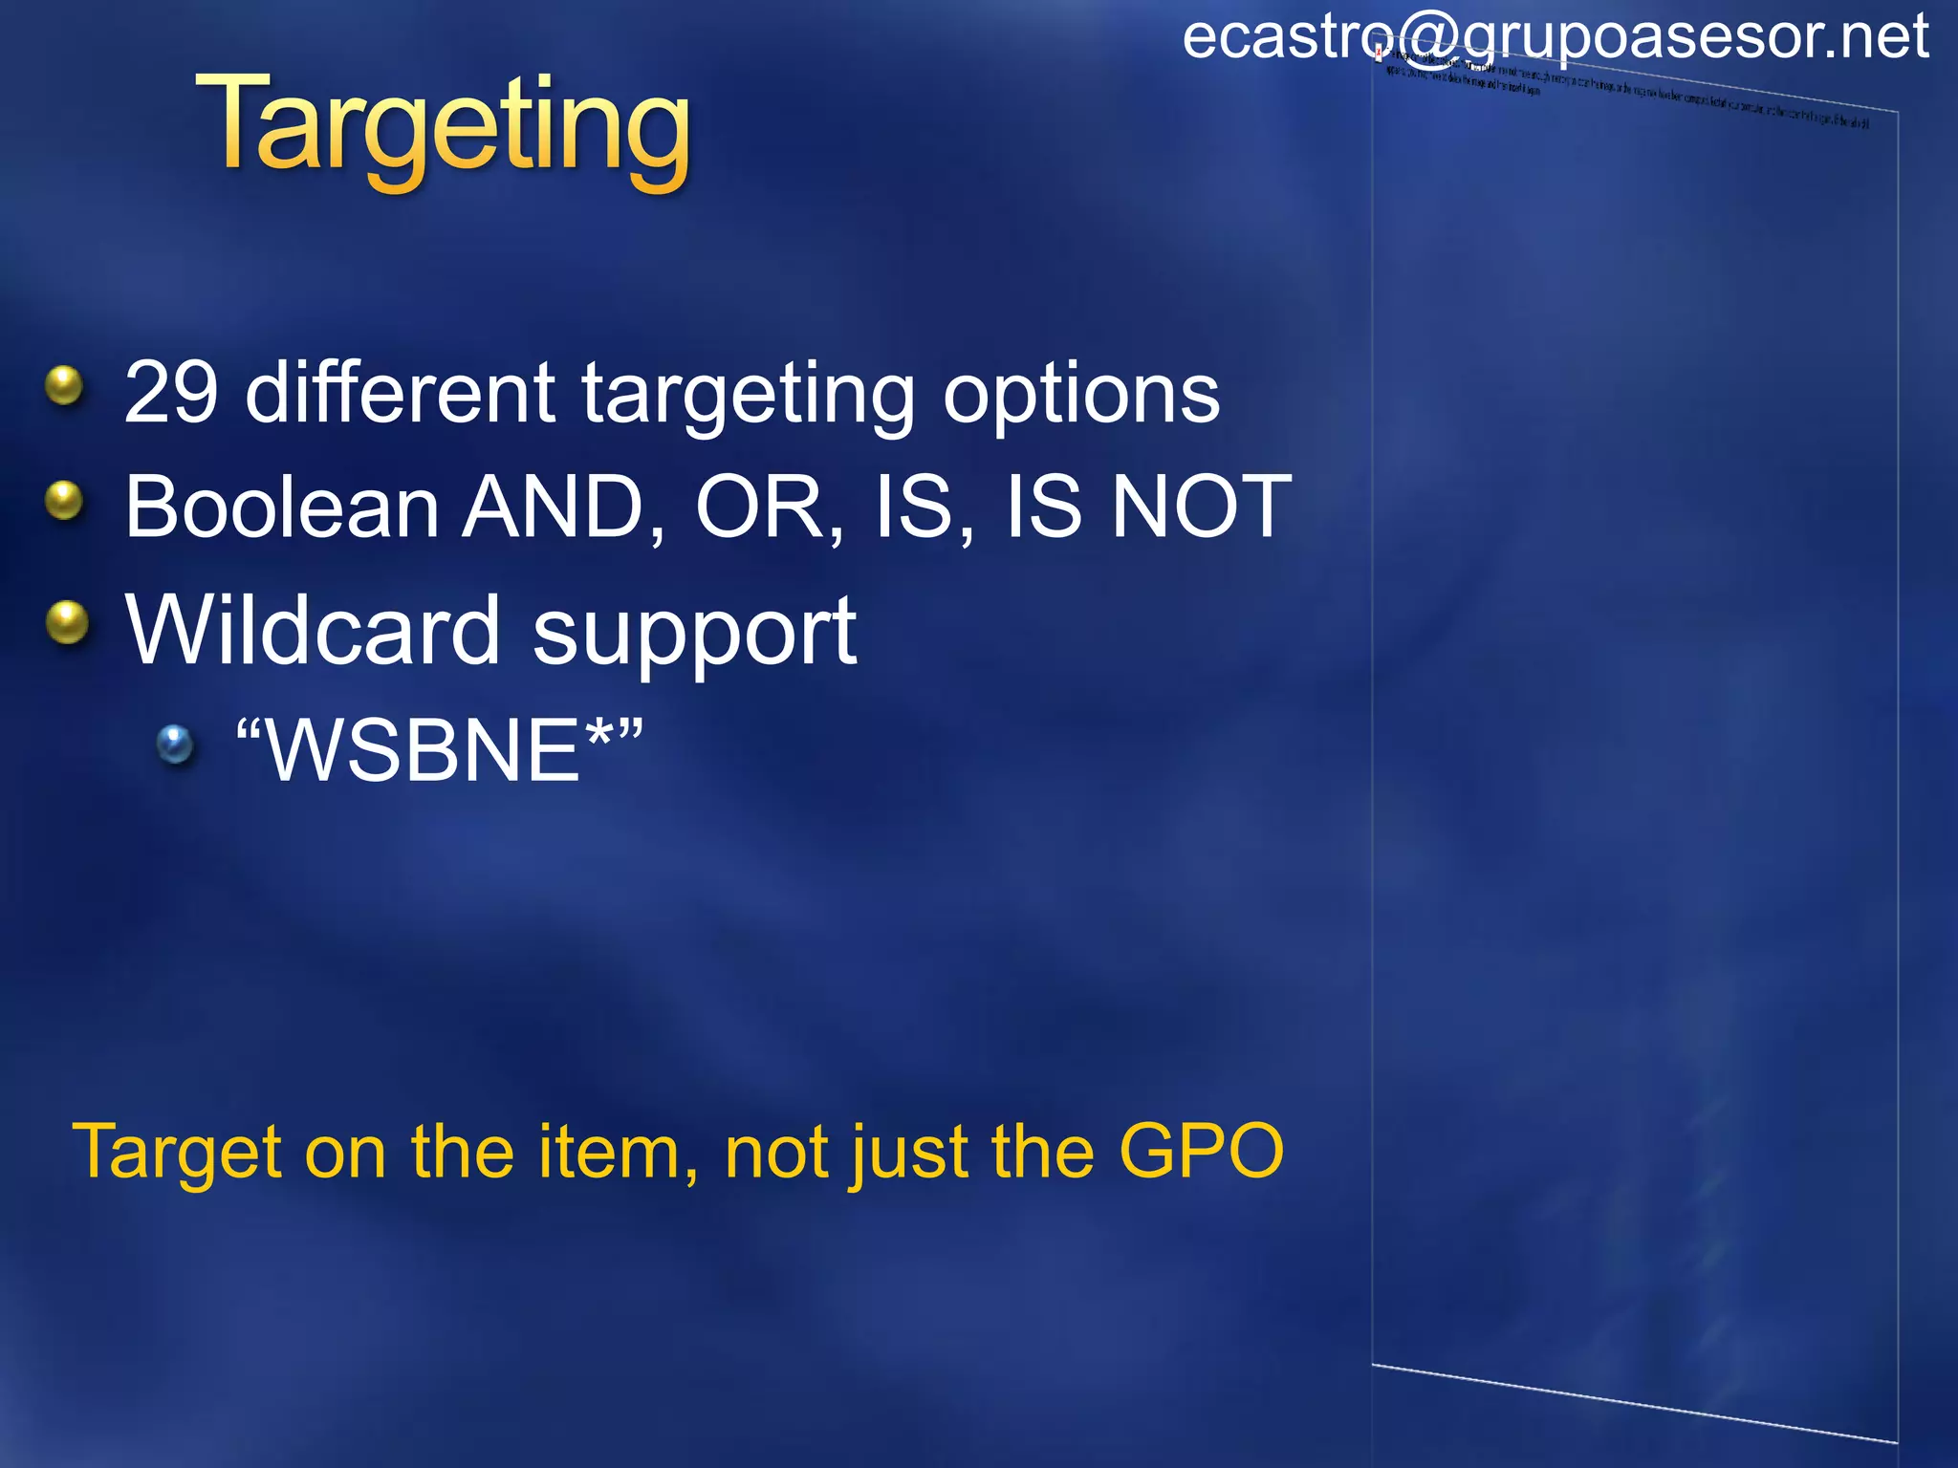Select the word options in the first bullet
point(1081,394)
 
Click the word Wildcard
point(313,631)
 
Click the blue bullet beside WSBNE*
point(175,745)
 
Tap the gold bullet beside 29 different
point(65,386)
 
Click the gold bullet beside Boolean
point(65,500)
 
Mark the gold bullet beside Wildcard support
point(67,622)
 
